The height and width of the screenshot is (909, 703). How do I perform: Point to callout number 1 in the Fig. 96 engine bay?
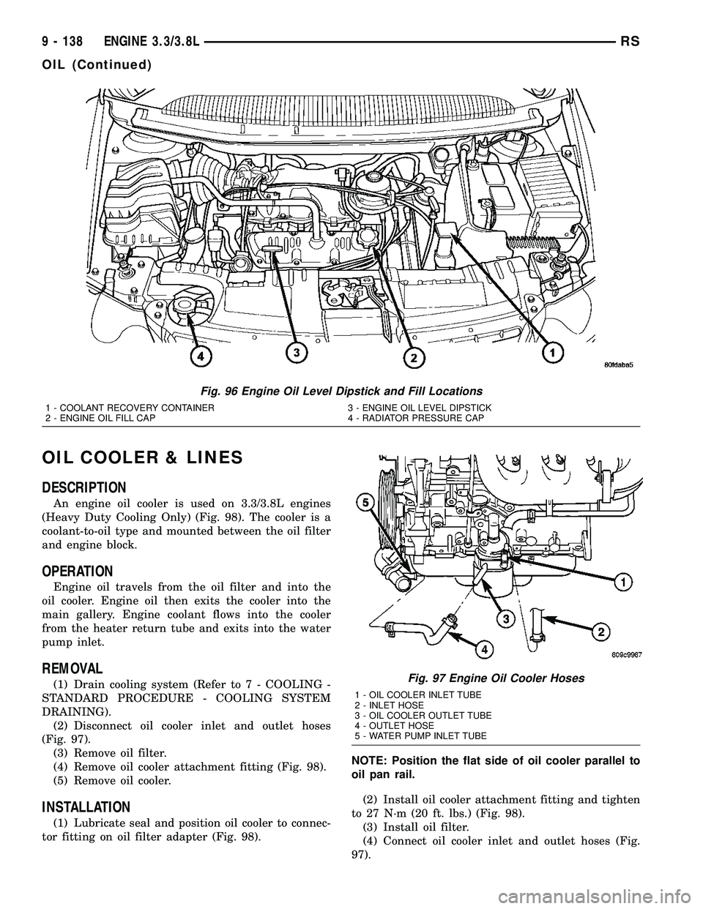point(551,353)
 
